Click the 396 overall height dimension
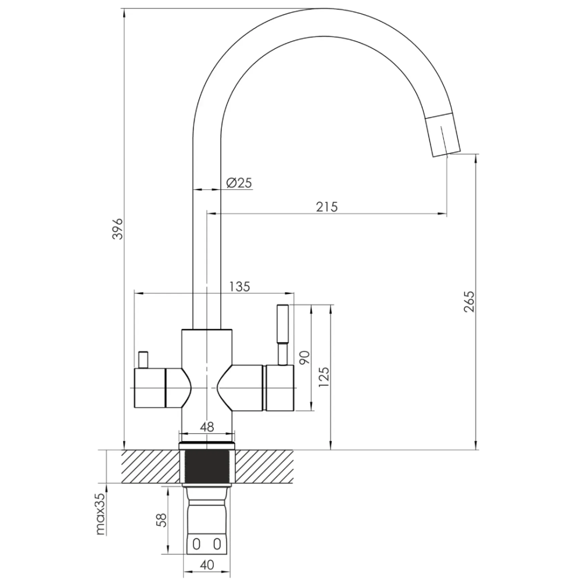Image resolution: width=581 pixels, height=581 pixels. tap(118, 228)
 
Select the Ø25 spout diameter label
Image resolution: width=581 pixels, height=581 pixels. tap(239, 182)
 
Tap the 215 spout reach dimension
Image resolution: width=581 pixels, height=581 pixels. tap(327, 207)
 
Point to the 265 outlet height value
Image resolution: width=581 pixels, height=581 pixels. tap(469, 302)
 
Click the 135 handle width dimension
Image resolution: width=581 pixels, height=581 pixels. tap(240, 286)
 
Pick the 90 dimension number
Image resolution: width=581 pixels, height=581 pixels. tap(304, 357)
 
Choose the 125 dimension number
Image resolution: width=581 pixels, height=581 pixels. tap(324, 377)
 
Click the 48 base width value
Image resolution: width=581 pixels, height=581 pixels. tap(207, 427)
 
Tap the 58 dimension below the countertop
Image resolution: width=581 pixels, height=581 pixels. tap(162, 520)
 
